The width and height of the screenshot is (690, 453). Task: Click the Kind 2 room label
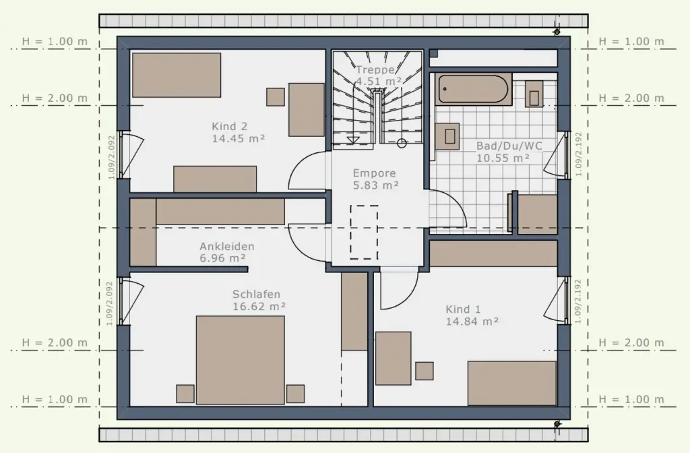(229, 126)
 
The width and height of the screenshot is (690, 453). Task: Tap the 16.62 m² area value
(259, 307)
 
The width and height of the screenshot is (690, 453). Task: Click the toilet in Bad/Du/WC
(534, 94)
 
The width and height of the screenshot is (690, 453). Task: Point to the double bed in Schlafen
(241, 360)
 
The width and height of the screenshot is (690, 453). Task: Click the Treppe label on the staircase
(375, 69)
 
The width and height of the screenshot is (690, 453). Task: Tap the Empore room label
(375, 173)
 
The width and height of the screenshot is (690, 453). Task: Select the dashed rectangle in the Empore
(364, 232)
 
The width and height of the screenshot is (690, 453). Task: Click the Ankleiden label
(227, 246)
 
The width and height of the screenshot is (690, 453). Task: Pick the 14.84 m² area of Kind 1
(472, 322)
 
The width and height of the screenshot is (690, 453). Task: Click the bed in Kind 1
(512, 383)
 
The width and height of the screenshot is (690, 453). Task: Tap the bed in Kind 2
(177, 75)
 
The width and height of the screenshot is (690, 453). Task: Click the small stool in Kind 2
(276, 97)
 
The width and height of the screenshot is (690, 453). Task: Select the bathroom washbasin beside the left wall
(447, 136)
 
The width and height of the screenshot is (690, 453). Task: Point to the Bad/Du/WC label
(509, 146)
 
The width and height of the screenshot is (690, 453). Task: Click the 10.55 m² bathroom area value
(503, 158)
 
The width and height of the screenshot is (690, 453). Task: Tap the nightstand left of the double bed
(185, 394)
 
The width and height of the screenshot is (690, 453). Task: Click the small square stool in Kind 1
(425, 371)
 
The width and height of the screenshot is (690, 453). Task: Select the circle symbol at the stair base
(402, 143)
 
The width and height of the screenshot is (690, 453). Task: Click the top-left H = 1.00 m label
(55, 41)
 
